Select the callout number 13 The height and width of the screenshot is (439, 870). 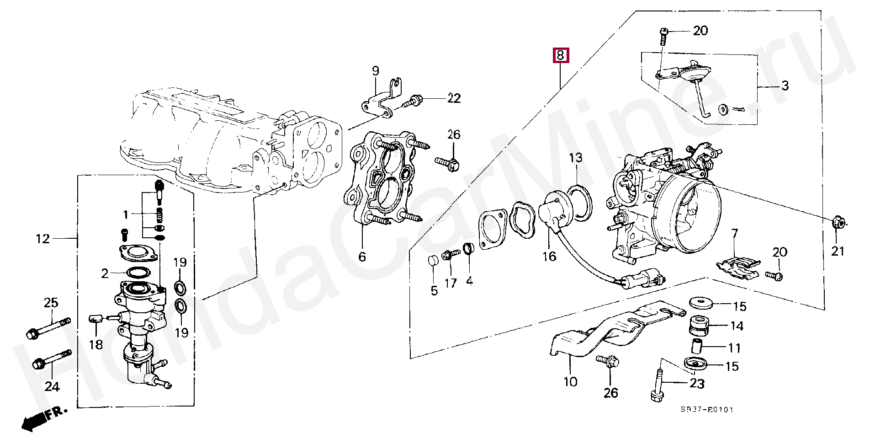(576, 158)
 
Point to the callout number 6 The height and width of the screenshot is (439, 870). (362, 257)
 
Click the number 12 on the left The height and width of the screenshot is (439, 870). (43, 239)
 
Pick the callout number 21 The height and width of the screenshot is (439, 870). (838, 251)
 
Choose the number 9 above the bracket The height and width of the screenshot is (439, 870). (375, 71)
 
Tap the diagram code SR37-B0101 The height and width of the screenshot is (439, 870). (709, 410)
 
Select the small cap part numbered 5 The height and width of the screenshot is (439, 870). (433, 262)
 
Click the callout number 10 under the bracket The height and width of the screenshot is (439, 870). (571, 381)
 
